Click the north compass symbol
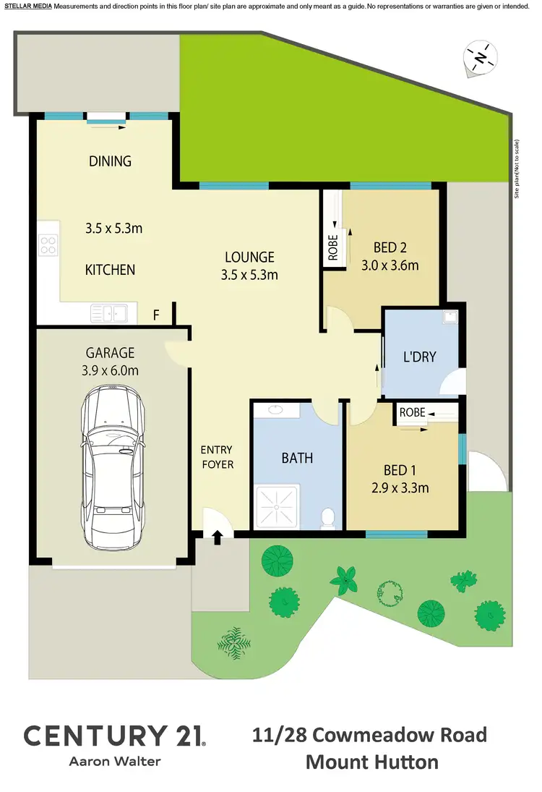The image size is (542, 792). (480, 57)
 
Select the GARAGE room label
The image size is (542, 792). (111, 353)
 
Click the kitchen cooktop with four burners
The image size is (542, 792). (48, 246)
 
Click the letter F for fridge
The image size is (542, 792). (155, 315)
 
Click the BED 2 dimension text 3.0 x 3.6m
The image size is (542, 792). (390, 265)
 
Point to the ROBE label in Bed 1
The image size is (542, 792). (412, 412)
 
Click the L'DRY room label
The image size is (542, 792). (420, 357)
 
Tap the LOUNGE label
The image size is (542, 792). (249, 257)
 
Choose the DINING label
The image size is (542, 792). (111, 161)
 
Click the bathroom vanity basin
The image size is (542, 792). (276, 409)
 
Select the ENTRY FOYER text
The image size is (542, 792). (218, 457)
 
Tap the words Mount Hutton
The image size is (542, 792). (371, 762)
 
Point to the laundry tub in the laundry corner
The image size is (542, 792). (450, 316)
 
